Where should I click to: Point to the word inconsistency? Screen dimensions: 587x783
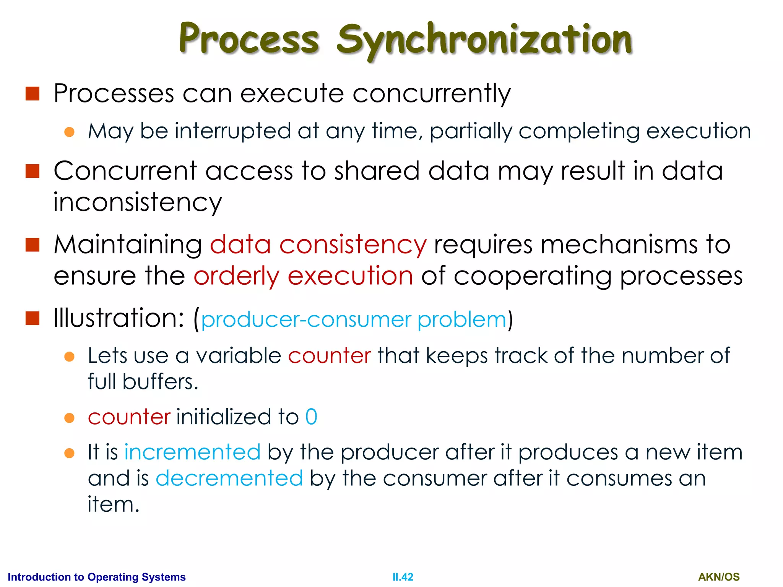137,202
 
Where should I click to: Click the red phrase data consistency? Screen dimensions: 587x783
318,245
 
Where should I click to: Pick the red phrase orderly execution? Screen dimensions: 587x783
303,276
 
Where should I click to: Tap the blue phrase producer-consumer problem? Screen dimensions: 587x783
354,319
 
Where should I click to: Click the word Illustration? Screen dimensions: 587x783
119,318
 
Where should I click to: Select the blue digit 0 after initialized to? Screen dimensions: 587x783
311,417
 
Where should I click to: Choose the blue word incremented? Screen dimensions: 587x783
192,452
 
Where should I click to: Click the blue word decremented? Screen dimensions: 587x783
229,478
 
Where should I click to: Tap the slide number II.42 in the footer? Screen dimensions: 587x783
403,577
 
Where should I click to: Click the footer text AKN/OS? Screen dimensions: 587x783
719,577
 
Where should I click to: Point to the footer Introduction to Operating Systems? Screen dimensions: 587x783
96,577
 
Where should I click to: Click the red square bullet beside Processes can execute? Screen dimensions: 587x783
32,94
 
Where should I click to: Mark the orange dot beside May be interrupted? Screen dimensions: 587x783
69,132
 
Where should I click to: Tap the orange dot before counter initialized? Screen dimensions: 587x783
69,418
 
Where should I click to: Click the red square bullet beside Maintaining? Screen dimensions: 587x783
32,245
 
